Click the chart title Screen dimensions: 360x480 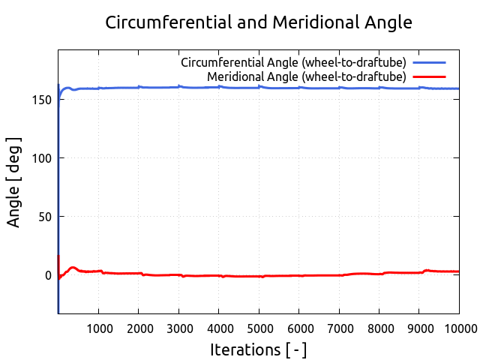[x=259, y=22]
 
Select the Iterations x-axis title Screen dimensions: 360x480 [x=258, y=349]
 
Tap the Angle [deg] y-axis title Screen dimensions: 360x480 [x=14, y=181]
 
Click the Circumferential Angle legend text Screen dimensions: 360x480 [x=293, y=61]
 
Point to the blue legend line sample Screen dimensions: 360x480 [x=428, y=61]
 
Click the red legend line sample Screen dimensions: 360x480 [x=428, y=76]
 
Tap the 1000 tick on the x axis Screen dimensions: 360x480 [x=98, y=328]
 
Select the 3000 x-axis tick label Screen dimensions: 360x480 [x=178, y=328]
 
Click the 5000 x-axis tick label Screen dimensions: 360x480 [x=259, y=328]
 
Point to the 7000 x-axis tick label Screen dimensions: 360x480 [x=339, y=328]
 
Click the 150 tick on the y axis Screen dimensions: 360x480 [x=42, y=100]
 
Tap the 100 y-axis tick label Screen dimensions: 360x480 [x=42, y=158]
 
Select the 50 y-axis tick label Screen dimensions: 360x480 [x=45, y=217]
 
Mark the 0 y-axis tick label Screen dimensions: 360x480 [x=48, y=275]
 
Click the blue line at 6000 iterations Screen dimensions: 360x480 [x=298, y=88]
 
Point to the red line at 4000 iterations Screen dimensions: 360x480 [x=218, y=276]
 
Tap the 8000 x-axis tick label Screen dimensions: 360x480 [x=379, y=328]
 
